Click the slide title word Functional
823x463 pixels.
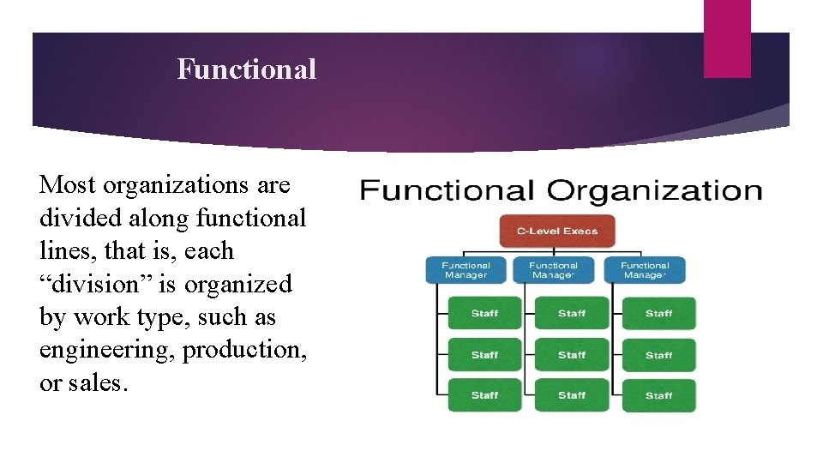(x=246, y=69)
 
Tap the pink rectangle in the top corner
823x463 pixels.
(x=727, y=39)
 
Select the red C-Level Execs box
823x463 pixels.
(x=556, y=231)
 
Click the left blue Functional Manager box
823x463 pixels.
(x=466, y=270)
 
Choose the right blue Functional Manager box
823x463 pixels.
(x=645, y=270)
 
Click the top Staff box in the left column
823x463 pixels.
(x=484, y=314)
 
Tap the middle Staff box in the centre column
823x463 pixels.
(x=572, y=355)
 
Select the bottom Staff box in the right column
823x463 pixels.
(x=658, y=395)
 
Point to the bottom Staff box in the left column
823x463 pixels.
(x=484, y=395)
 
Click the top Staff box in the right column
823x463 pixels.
(x=658, y=314)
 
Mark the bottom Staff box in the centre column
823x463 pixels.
(x=572, y=395)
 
